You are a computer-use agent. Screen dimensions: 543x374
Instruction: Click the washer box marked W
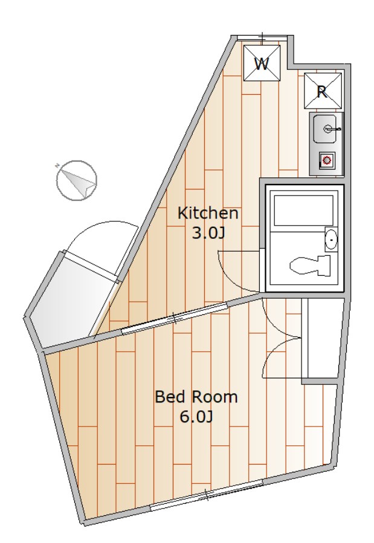[x=261, y=63]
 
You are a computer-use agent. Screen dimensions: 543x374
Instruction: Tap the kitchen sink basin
[x=326, y=128]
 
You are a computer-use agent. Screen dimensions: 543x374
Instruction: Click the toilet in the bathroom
[x=312, y=264]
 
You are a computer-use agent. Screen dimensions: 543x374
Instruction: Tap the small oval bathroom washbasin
[x=331, y=240]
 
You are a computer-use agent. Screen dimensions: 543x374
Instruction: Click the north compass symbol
[x=77, y=180]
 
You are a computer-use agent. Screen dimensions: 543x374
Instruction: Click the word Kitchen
[x=207, y=213]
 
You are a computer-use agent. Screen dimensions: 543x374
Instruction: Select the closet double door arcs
[x=282, y=338]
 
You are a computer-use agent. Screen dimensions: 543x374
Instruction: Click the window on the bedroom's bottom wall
[x=205, y=496]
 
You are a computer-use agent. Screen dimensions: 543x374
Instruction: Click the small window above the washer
[x=262, y=38]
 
